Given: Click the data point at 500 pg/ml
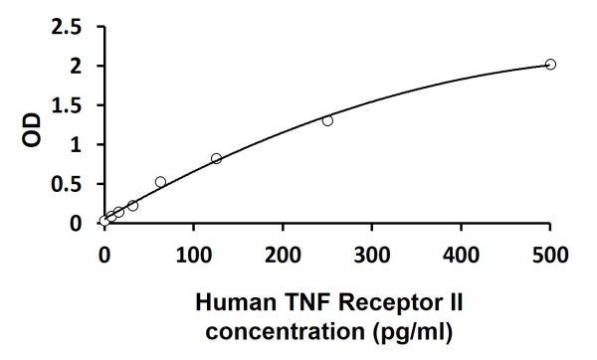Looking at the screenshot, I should [x=550, y=65].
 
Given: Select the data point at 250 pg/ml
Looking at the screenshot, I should [x=327, y=120].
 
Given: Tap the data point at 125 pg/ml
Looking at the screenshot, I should [x=216, y=159].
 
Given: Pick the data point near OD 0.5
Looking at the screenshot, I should [x=160, y=182].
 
